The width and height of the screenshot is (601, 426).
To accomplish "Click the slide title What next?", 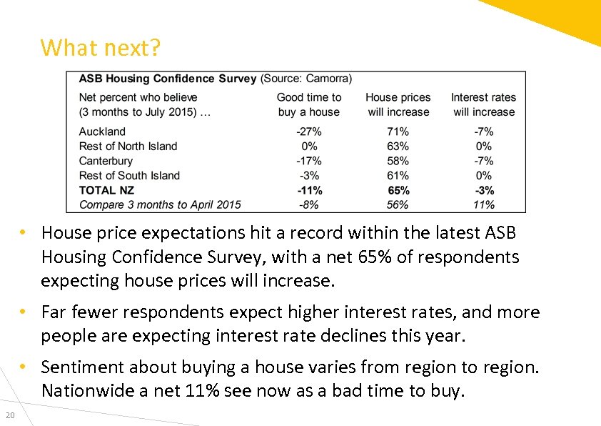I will (101, 49).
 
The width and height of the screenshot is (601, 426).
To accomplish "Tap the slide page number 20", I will (9, 417).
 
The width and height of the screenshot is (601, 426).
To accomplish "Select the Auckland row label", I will (102, 132).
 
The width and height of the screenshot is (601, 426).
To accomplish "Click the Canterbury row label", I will (106, 161).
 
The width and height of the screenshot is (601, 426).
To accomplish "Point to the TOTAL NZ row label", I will (106, 190).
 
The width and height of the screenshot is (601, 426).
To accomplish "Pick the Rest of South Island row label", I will (129, 175).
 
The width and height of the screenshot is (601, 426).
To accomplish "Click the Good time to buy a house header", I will (309, 104).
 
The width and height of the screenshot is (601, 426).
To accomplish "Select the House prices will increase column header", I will (398, 104).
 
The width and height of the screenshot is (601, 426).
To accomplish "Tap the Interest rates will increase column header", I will (483, 104).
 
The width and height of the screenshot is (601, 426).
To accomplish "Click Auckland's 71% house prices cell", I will (398, 132).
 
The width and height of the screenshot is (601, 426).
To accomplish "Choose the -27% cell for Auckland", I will (309, 132).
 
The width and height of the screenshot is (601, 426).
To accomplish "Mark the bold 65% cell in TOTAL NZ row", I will (398, 190).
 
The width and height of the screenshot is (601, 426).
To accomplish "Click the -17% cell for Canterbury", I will (309, 161).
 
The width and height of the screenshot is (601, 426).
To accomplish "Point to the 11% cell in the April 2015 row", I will (483, 204).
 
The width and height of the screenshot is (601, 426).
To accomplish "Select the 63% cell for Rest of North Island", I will (398, 146).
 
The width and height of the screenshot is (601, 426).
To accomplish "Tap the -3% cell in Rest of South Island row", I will (309, 175).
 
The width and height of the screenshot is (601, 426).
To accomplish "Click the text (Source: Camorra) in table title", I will (306, 78).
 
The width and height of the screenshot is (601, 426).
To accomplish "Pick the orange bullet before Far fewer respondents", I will (24, 312).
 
